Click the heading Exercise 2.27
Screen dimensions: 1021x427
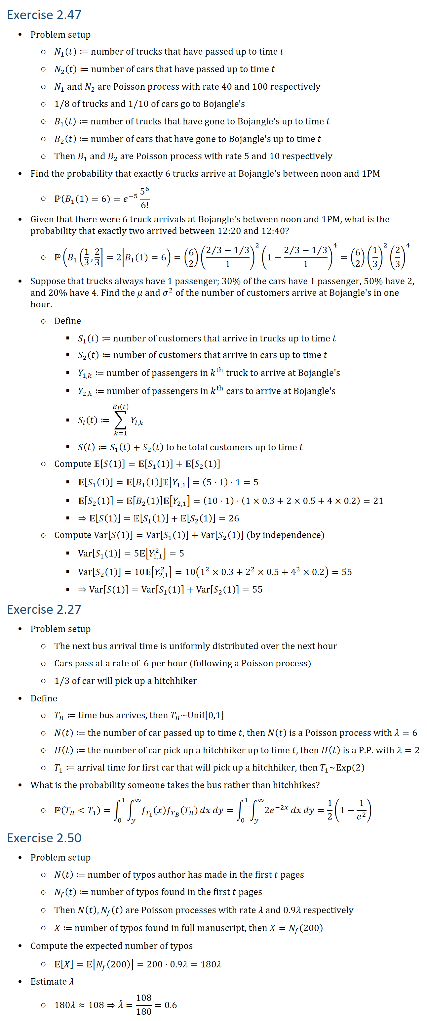point(44,609)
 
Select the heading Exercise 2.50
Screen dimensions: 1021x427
point(44,838)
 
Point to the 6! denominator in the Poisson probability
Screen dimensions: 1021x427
point(144,205)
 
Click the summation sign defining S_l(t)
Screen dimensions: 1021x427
point(120,420)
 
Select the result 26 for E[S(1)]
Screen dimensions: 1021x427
point(234,518)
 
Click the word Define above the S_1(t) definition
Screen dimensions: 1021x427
point(67,321)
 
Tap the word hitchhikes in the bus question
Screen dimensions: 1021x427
point(293,785)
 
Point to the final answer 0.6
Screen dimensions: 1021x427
point(171,1005)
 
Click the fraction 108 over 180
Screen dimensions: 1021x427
point(144,1004)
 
